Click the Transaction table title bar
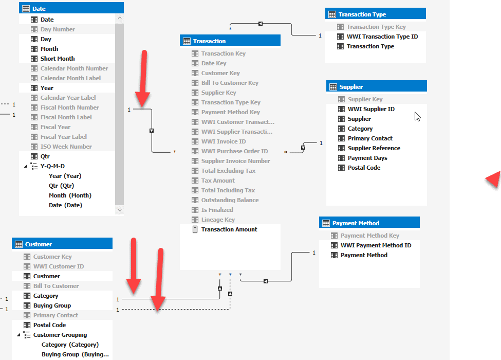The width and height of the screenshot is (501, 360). pyautogui.click(x=230, y=41)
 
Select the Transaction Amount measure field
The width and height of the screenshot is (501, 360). pyautogui.click(x=229, y=229)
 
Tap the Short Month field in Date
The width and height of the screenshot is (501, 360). pyautogui.click(x=58, y=59)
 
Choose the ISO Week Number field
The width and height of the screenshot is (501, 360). pyautogui.click(x=66, y=147)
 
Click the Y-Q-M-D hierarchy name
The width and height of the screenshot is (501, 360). pyautogui.click(x=52, y=166)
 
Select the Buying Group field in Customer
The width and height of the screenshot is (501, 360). pyautogui.click(x=52, y=305)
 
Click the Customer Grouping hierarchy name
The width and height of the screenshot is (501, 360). pyautogui.click(x=60, y=335)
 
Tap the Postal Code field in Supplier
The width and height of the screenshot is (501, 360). pyautogui.click(x=364, y=168)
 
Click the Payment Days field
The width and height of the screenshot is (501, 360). pyautogui.click(x=367, y=158)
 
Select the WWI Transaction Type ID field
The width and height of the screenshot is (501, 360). pyautogui.click(x=382, y=37)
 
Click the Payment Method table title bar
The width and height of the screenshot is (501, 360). pyautogui.click(x=369, y=223)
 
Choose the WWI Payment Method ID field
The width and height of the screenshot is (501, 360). pyautogui.click(x=376, y=245)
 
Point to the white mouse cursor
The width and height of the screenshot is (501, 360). pyautogui.click(x=417, y=116)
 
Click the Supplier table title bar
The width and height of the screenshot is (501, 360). pyautogui.click(x=376, y=86)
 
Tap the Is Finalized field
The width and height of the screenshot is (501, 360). pyautogui.click(x=217, y=210)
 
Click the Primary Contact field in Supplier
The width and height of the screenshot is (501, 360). pyautogui.click(x=369, y=138)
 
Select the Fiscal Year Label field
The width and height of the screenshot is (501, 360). pyautogui.click(x=63, y=137)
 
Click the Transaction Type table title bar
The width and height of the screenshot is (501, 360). pyautogui.click(x=375, y=14)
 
